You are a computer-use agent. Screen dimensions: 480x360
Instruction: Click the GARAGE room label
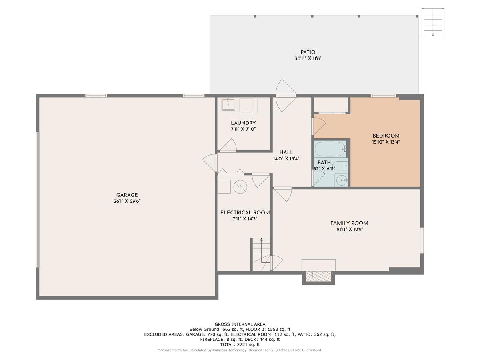(x=127, y=195)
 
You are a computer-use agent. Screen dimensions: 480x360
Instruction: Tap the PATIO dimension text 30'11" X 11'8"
(x=308, y=58)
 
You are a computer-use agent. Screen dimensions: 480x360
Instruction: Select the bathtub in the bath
(x=330, y=149)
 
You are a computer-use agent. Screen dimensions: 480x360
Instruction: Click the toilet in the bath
(x=340, y=166)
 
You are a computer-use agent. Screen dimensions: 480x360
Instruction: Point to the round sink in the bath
(x=341, y=180)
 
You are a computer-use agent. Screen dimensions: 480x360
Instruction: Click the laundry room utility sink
(x=228, y=104)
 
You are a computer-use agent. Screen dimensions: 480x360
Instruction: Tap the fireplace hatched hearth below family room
(x=318, y=276)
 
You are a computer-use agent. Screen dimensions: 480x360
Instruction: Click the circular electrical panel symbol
(x=240, y=187)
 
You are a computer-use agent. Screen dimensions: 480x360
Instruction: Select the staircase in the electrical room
(x=261, y=254)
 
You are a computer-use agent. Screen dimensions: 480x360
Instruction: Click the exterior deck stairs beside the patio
(x=433, y=22)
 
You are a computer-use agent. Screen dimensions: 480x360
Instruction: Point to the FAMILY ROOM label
(x=349, y=223)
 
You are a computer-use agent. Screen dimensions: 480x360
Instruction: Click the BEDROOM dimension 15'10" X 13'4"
(x=386, y=142)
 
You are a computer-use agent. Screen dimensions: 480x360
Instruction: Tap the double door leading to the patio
(x=286, y=96)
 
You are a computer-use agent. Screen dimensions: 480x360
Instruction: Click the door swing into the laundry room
(x=228, y=145)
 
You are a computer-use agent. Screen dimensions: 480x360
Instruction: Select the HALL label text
(x=286, y=152)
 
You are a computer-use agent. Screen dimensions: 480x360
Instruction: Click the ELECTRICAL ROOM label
(x=245, y=213)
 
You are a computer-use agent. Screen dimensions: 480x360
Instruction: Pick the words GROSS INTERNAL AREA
(x=240, y=324)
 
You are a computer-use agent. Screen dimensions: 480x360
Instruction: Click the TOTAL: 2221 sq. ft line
(x=240, y=344)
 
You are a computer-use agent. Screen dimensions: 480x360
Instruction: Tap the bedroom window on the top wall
(x=383, y=96)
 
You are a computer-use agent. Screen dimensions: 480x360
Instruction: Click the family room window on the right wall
(x=422, y=240)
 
